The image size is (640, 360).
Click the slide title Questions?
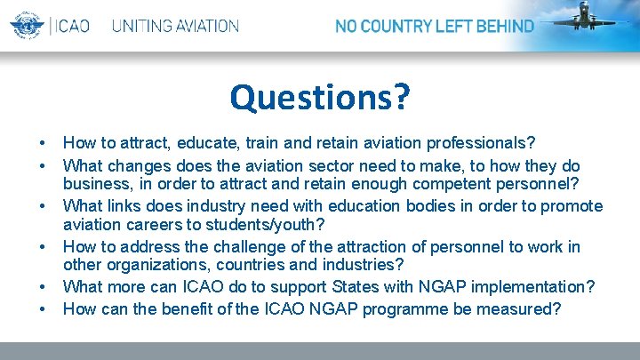click(x=320, y=97)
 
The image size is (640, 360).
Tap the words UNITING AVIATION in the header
click(x=175, y=26)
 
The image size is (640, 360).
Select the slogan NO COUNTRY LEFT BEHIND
click(x=434, y=26)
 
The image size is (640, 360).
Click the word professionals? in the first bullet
click(x=482, y=142)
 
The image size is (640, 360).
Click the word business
click(x=95, y=184)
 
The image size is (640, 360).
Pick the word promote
click(x=571, y=206)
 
